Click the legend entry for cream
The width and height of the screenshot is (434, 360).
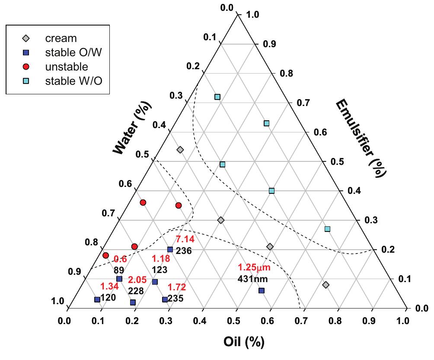coord(61,39)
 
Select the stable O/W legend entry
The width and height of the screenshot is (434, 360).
coord(73,53)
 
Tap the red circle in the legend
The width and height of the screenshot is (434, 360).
coord(26,67)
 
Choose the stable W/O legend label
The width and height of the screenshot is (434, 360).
coord(73,81)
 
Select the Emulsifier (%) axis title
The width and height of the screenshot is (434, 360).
coord(361,138)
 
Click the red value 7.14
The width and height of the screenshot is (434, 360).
coord(185,239)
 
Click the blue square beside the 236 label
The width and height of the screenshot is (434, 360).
coord(170,249)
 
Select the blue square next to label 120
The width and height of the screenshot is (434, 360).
coord(97,299)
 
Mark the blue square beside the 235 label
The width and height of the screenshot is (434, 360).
coord(165,299)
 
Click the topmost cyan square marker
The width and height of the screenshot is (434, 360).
coord(217,97)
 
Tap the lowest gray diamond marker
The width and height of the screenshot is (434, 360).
coord(326,285)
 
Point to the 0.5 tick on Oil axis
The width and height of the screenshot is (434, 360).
coord(237,321)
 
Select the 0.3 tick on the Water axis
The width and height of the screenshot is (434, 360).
coord(176,96)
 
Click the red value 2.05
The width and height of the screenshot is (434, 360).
coord(138,280)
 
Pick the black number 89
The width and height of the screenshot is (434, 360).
coord(119,270)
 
